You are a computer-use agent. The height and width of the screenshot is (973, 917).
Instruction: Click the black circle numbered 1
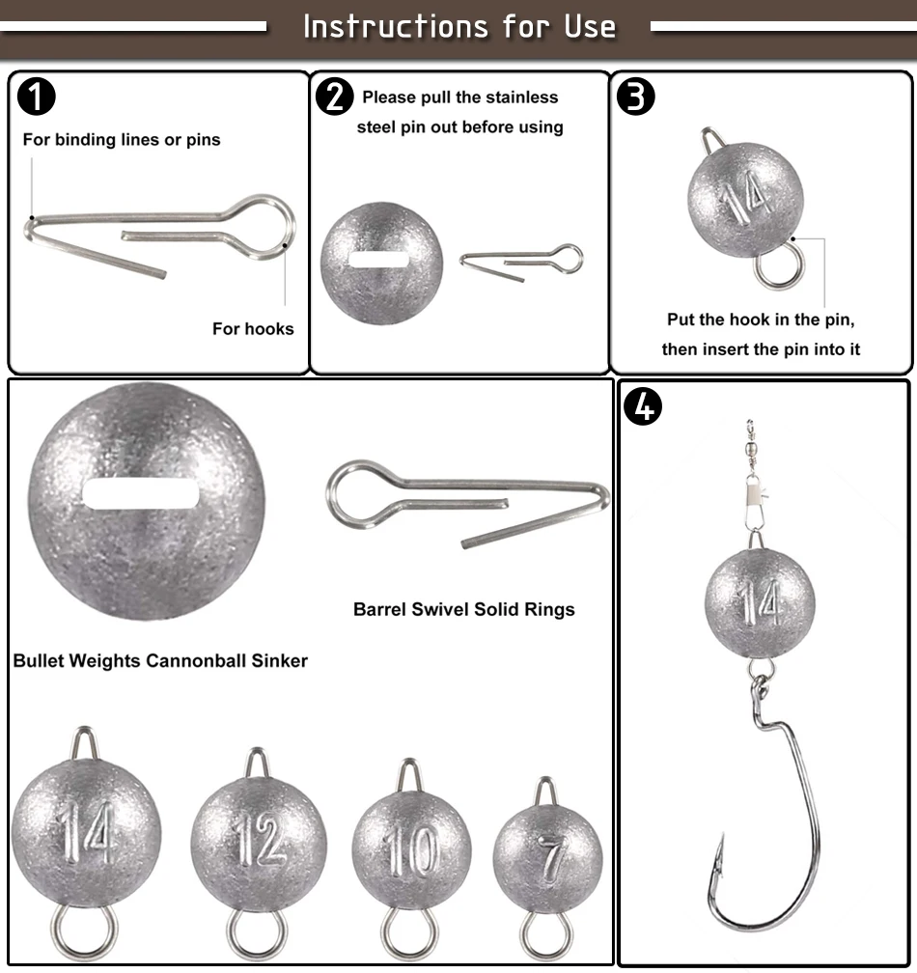coord(36,97)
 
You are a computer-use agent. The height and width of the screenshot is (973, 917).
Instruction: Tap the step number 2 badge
coord(335,97)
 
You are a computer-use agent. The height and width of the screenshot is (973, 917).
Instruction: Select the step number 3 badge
coord(635,97)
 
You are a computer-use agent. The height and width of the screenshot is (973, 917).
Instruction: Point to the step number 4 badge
coord(644,406)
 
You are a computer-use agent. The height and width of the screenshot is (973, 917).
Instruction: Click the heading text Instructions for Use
coord(459,27)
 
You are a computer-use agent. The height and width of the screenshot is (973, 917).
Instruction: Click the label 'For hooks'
coord(253,328)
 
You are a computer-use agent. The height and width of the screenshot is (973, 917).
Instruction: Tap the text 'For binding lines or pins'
coord(122,140)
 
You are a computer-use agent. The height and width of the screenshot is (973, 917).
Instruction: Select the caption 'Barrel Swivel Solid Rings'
coord(464,609)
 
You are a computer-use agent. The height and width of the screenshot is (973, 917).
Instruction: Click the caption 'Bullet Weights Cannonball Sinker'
coord(160,660)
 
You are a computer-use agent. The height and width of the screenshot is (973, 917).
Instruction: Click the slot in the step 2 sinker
coord(379,260)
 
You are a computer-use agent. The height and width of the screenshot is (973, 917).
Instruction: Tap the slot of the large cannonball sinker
coord(141,494)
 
